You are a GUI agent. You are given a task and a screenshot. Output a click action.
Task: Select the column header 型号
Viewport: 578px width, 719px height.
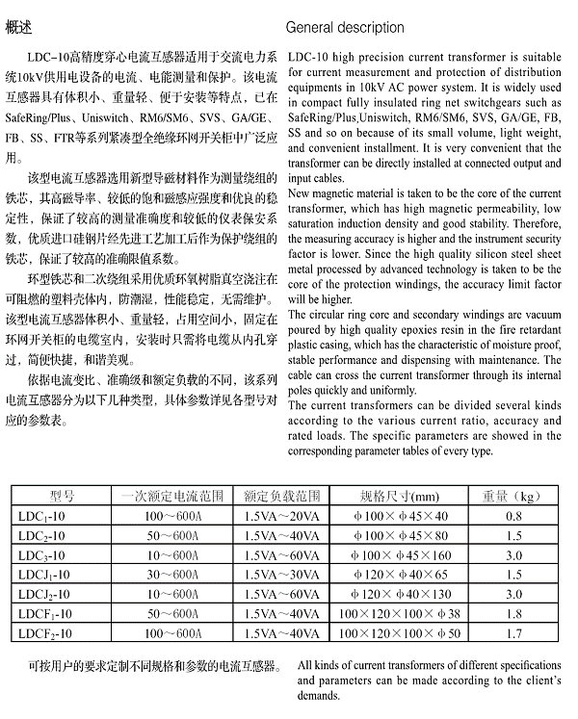pos(62,497)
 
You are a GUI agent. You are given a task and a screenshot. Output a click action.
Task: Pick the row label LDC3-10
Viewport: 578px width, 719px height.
pos(40,555)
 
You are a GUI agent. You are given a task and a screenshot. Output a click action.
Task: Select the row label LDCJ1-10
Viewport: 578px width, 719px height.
pos(43,575)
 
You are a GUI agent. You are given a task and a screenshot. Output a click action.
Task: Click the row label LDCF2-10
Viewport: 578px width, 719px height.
pos(43,632)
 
